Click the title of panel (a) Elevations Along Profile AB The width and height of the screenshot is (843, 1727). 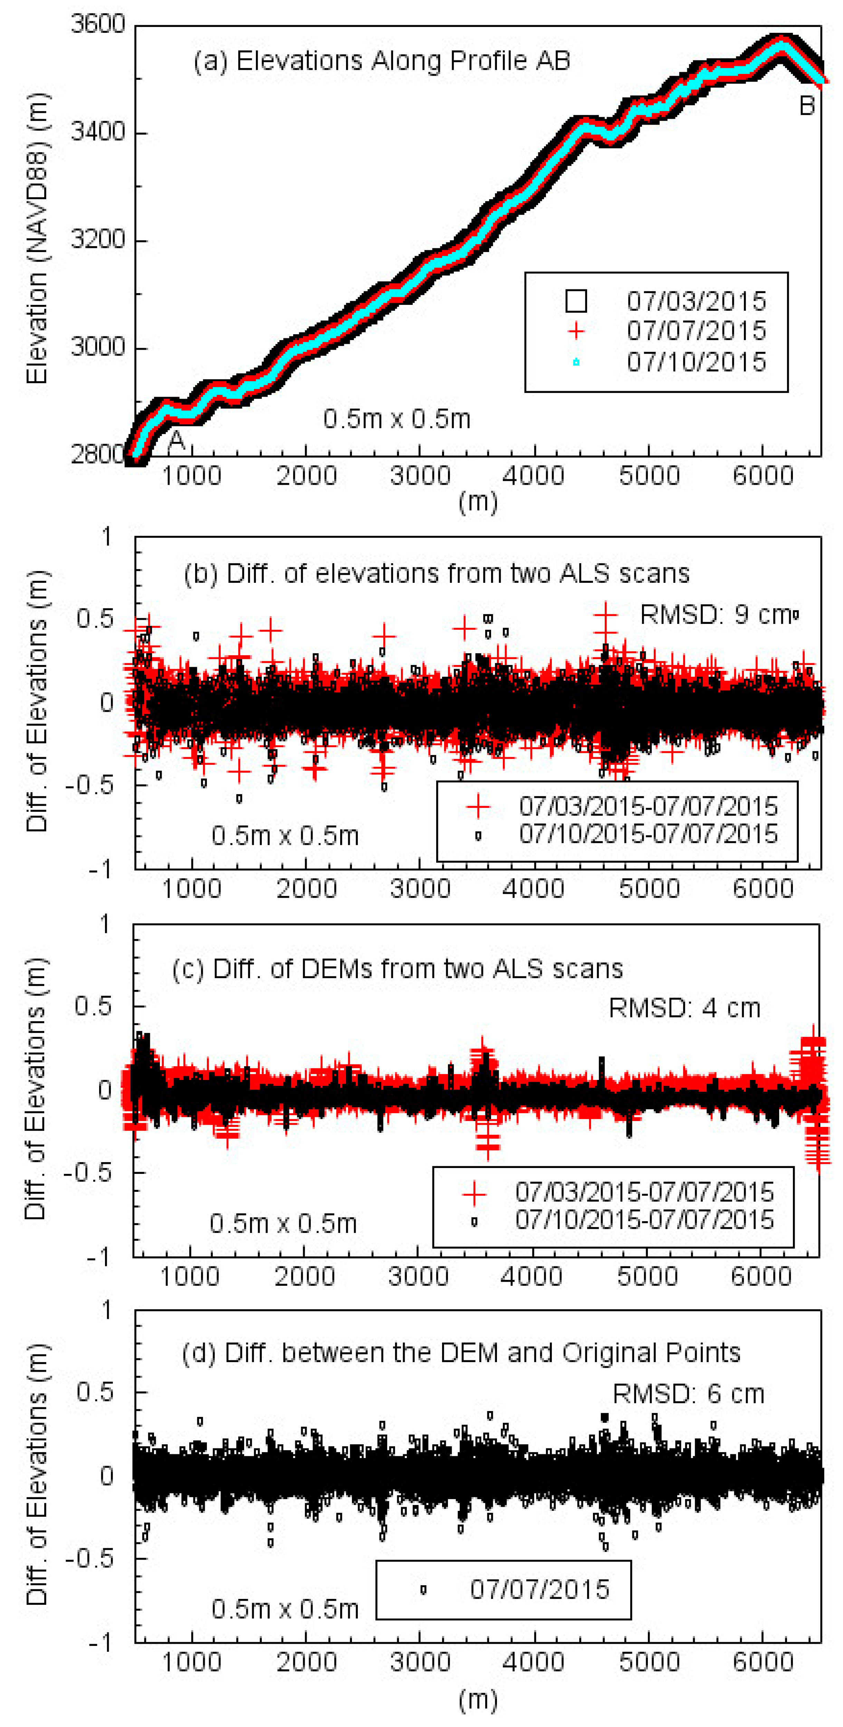point(382,61)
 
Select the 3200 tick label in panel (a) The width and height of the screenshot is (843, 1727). point(98,240)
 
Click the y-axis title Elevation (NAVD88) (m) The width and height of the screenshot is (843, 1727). point(37,238)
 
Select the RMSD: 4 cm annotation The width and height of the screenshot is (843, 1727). point(684,1007)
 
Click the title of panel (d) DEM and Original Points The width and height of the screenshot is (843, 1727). point(461,1352)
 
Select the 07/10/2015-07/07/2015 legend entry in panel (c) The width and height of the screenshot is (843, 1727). point(644,1219)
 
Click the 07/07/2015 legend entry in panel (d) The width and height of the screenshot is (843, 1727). point(539,1589)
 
